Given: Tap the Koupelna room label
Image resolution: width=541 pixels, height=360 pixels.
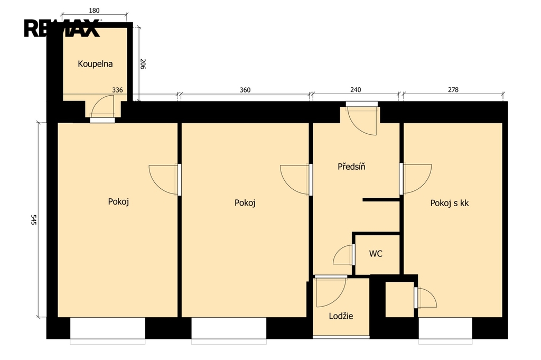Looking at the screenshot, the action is click(95, 64).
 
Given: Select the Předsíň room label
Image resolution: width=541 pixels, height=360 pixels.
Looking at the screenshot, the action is click(351, 167).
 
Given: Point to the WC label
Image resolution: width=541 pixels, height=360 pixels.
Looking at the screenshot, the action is click(376, 254).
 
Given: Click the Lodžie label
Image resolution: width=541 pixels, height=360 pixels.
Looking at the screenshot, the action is click(341, 316).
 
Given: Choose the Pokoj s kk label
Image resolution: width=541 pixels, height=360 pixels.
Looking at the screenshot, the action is click(449, 203).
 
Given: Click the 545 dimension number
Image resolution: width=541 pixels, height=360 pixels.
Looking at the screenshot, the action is click(33, 220).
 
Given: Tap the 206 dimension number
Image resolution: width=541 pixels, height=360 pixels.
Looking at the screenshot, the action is click(143, 64).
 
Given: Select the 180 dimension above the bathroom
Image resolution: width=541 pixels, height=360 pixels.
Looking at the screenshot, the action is click(94, 11).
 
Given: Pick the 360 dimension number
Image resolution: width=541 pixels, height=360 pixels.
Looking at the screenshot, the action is click(245, 90).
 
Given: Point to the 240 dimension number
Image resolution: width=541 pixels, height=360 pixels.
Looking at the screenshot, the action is click(356, 90).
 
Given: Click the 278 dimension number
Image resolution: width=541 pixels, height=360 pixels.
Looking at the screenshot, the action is click(453, 90).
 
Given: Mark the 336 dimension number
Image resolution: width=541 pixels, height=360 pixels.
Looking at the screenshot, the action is click(117, 90).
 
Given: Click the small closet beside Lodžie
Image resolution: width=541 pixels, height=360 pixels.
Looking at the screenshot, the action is click(399, 299).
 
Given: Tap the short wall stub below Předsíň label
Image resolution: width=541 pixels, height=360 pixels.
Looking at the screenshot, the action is click(381, 199).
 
